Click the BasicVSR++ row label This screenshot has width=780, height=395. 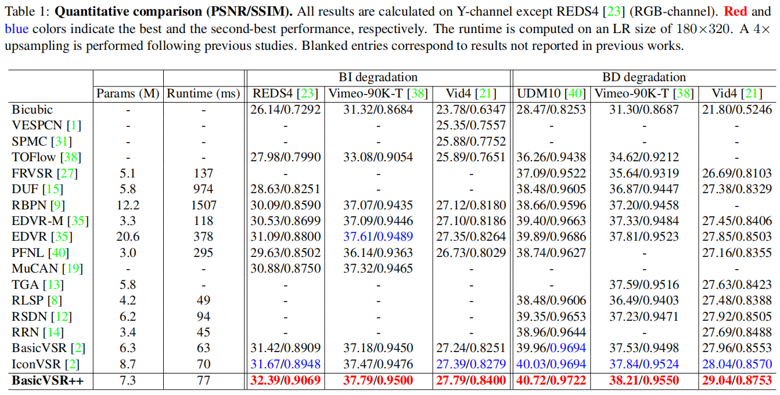pyautogui.click(x=46, y=380)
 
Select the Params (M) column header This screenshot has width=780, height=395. pyautogui.click(x=128, y=93)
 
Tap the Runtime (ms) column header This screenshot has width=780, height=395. pyautogui.click(x=204, y=93)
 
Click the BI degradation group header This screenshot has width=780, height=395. pyautogui.click(x=378, y=77)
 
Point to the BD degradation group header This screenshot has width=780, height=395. pyautogui.click(x=644, y=77)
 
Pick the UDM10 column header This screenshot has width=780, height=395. pyautogui.click(x=551, y=93)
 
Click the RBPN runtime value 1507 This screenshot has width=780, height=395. pyautogui.click(x=204, y=205)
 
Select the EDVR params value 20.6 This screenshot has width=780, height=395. pyautogui.click(x=128, y=237)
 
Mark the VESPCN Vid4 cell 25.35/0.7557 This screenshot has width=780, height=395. pyautogui.click(x=471, y=125)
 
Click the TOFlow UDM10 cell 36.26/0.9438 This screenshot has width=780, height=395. pyautogui.click(x=551, y=157)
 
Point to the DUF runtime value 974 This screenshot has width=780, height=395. pyautogui.click(x=204, y=189)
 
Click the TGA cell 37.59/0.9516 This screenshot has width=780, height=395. pyautogui.click(x=644, y=284)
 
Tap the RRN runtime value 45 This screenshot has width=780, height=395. pyautogui.click(x=204, y=332)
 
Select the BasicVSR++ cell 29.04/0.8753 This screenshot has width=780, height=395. pyautogui.click(x=737, y=380)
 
